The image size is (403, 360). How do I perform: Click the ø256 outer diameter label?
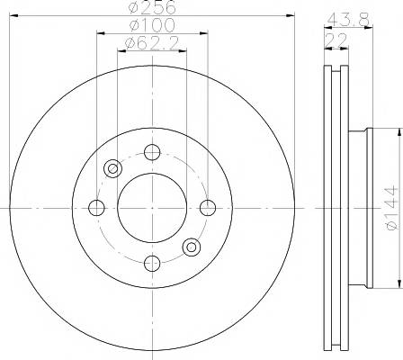pos(152,7)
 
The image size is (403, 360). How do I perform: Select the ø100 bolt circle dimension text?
pos(152,25)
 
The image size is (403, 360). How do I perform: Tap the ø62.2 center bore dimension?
pos(152,43)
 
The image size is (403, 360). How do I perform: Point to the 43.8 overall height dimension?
pos(348,20)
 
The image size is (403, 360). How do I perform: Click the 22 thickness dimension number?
pos(336,40)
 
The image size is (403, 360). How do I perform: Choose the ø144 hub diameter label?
pos(392,208)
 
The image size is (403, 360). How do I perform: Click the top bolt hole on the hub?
pos(152,152)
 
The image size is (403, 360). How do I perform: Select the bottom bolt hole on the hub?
pos(152,264)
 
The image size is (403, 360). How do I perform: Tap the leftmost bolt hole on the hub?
pos(96,208)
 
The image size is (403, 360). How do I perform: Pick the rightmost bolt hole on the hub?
pos(208,208)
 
